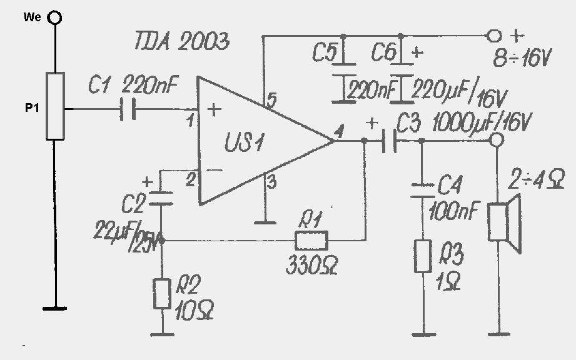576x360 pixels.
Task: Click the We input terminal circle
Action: pyautogui.click(x=55, y=17)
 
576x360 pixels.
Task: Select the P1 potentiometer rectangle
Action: pyautogui.click(x=55, y=106)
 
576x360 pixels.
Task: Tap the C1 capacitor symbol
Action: pyautogui.click(x=128, y=109)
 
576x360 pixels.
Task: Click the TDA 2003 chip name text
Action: pyautogui.click(x=182, y=41)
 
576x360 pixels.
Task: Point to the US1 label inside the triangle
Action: pyautogui.click(x=245, y=142)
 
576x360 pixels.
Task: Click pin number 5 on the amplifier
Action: pyautogui.click(x=272, y=100)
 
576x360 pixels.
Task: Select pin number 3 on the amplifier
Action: pyautogui.click(x=271, y=182)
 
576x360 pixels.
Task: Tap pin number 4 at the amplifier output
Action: pyautogui.click(x=339, y=131)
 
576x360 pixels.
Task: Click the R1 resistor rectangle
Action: pyautogui.click(x=311, y=241)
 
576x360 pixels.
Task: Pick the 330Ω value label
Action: pyautogui.click(x=312, y=266)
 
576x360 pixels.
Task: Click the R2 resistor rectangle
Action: pyautogui.click(x=162, y=294)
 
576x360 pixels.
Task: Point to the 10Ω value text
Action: pyautogui.click(x=195, y=311)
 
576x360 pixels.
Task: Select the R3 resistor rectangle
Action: pyautogui.click(x=423, y=256)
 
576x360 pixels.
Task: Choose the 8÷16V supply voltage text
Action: pyautogui.click(x=522, y=58)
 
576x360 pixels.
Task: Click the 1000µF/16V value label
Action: pyautogui.click(x=482, y=123)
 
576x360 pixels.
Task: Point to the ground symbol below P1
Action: pyautogui.click(x=55, y=308)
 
